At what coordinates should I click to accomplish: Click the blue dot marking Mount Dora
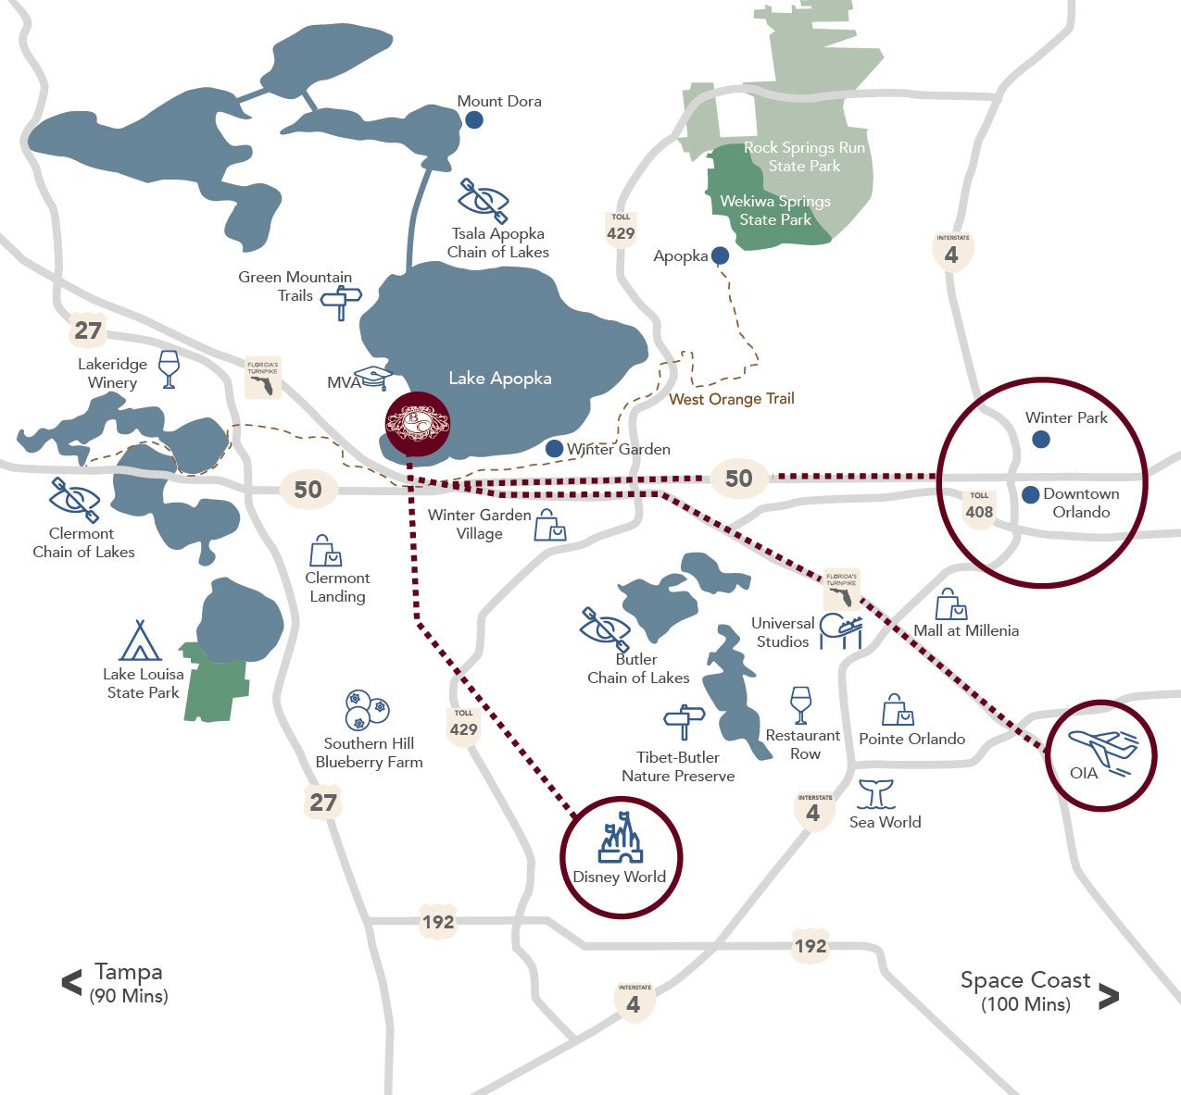tap(473, 119)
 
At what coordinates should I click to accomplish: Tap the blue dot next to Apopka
tap(720, 255)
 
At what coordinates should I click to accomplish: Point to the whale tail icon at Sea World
tap(875, 794)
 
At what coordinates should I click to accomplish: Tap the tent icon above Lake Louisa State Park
tap(140, 641)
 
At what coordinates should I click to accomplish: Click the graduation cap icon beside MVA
tap(375, 378)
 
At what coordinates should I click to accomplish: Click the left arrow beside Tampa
tap(71, 983)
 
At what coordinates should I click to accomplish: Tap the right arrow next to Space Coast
tap(1108, 996)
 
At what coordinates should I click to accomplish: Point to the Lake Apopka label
tap(500, 378)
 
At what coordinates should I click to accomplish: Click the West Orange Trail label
tap(731, 399)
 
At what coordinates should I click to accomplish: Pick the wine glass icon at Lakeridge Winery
tap(168, 368)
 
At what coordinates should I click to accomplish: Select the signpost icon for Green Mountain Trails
tap(341, 301)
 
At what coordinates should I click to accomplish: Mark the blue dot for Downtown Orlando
tap(1030, 495)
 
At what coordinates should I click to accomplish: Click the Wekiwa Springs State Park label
tap(775, 210)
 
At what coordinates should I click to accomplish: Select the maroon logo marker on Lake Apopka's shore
tap(417, 423)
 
